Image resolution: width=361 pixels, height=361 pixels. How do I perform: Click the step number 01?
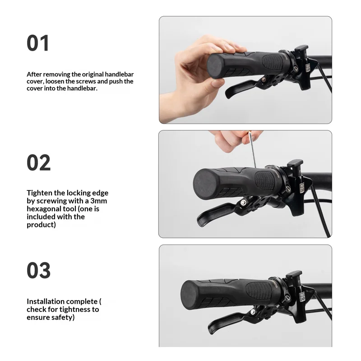38,43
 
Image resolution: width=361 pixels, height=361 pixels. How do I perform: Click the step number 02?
38,162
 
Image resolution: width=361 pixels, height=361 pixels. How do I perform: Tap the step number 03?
38,270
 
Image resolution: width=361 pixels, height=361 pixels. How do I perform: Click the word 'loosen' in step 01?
55,81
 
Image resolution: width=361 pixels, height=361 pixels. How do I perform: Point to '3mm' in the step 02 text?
98,201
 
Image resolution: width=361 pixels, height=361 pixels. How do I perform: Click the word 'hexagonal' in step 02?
43,209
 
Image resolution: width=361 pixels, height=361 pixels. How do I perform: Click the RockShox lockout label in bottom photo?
302,297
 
